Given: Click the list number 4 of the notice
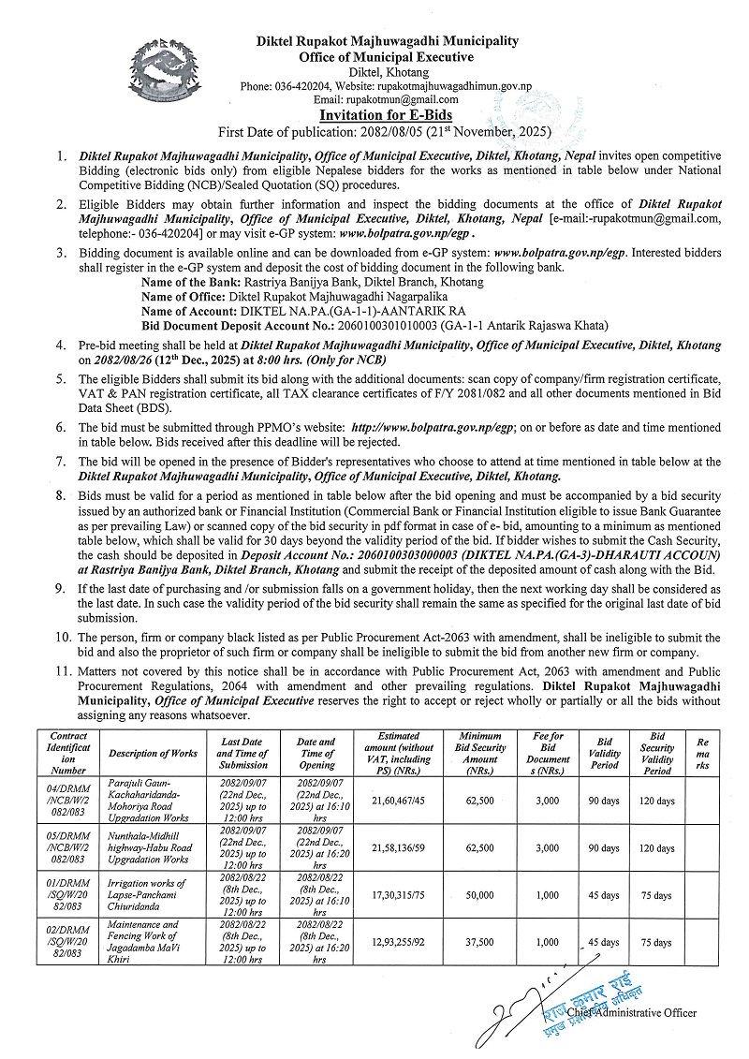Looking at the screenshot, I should [x=60, y=345].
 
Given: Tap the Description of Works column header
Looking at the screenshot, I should [x=153, y=753].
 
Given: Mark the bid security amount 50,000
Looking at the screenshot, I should [x=481, y=895].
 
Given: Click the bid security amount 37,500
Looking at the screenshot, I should [x=481, y=942].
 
